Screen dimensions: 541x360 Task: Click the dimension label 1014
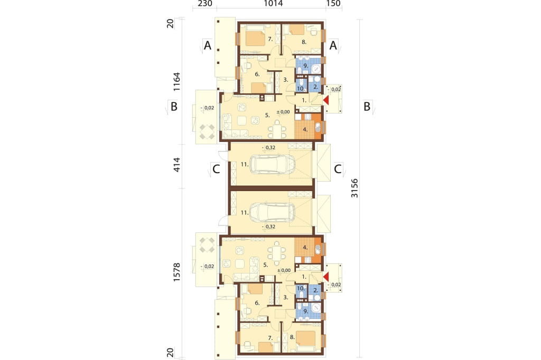point(273,4)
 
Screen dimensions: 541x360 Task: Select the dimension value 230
point(204,4)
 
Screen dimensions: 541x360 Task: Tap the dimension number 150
point(333,4)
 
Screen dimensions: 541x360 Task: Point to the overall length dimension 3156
point(355,188)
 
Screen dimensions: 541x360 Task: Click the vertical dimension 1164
point(176,81)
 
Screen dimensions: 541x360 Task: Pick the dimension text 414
point(176,165)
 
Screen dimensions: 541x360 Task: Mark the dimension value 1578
point(176,272)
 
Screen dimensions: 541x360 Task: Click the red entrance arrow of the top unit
point(326,100)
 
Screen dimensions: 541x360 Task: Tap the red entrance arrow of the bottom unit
point(326,277)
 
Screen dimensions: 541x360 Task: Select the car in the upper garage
point(272,164)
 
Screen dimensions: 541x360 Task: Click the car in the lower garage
point(272,212)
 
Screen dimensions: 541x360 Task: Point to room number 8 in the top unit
point(304,42)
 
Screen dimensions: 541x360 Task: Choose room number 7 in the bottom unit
point(270,338)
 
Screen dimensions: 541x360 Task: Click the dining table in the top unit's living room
point(278,130)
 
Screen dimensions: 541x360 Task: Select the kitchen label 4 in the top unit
point(305,130)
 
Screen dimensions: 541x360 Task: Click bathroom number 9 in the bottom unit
point(305,311)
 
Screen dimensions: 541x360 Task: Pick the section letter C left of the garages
point(216,169)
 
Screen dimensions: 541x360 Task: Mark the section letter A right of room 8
point(333,45)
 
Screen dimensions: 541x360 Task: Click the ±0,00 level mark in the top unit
point(283,112)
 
